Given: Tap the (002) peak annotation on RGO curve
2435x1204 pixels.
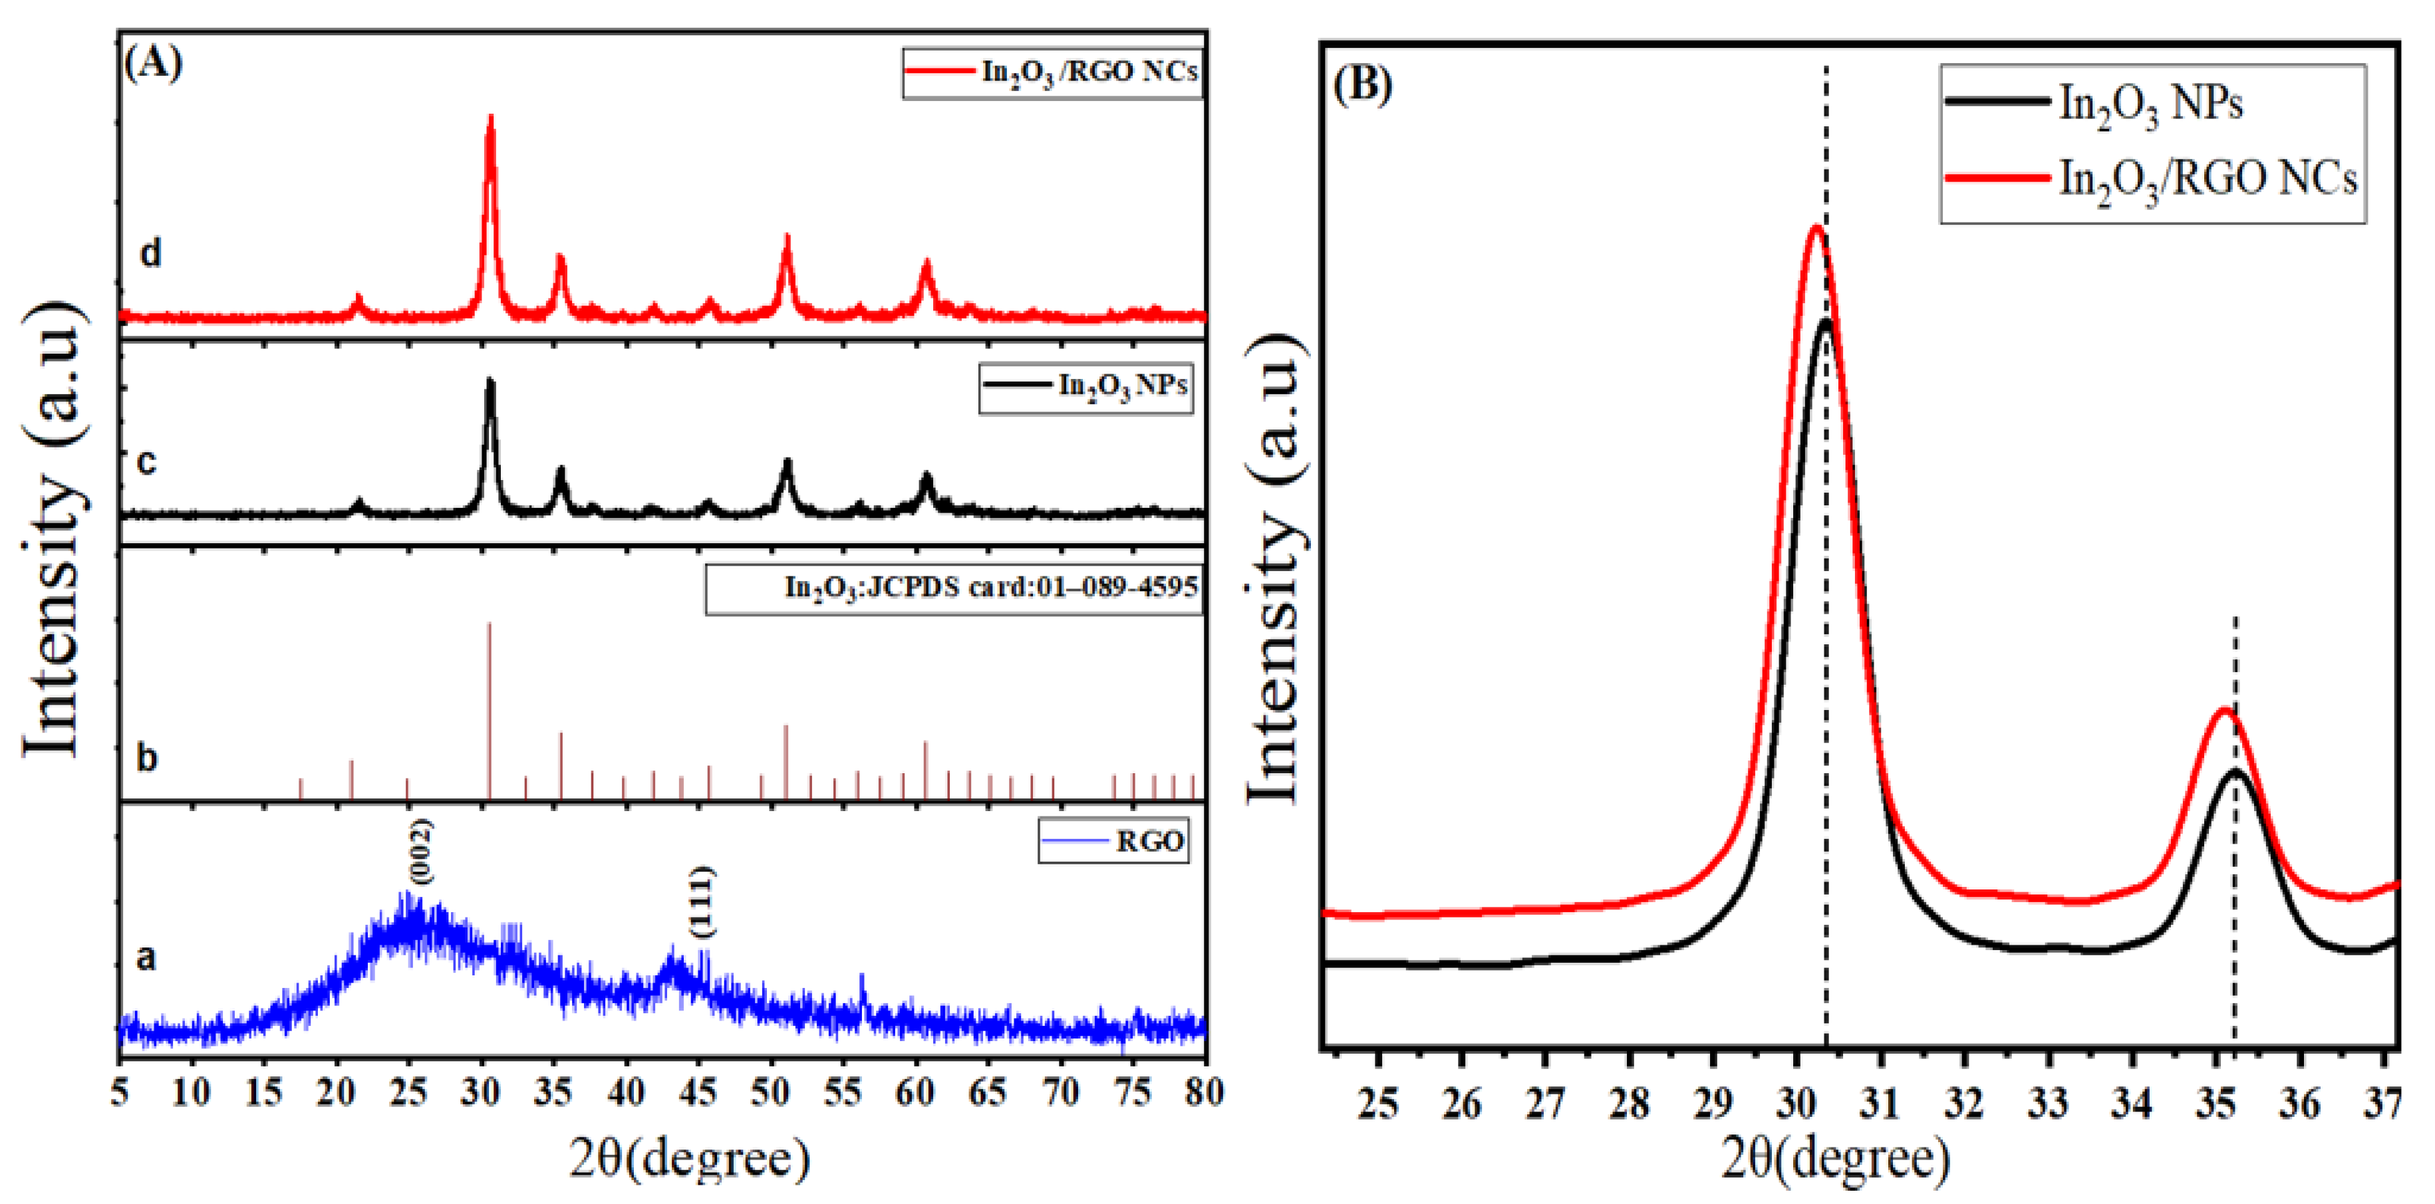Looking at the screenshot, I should tap(420, 852).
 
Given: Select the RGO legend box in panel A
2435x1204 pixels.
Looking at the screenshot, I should tap(1113, 840).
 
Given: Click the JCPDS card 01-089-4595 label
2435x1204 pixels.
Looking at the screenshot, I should tap(954, 588).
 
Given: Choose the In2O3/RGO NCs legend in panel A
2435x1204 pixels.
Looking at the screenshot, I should tap(1052, 72).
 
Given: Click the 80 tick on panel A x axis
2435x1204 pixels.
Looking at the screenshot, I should tap(1203, 1094).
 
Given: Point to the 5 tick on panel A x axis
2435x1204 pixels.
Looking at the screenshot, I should tap(120, 1094).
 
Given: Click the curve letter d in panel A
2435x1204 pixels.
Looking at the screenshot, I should tap(150, 253).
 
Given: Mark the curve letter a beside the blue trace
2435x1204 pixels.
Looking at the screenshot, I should tap(146, 957).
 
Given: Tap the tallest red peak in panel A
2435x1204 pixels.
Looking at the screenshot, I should tap(490, 117).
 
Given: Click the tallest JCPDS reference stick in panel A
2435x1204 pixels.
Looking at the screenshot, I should tap(489, 624).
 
